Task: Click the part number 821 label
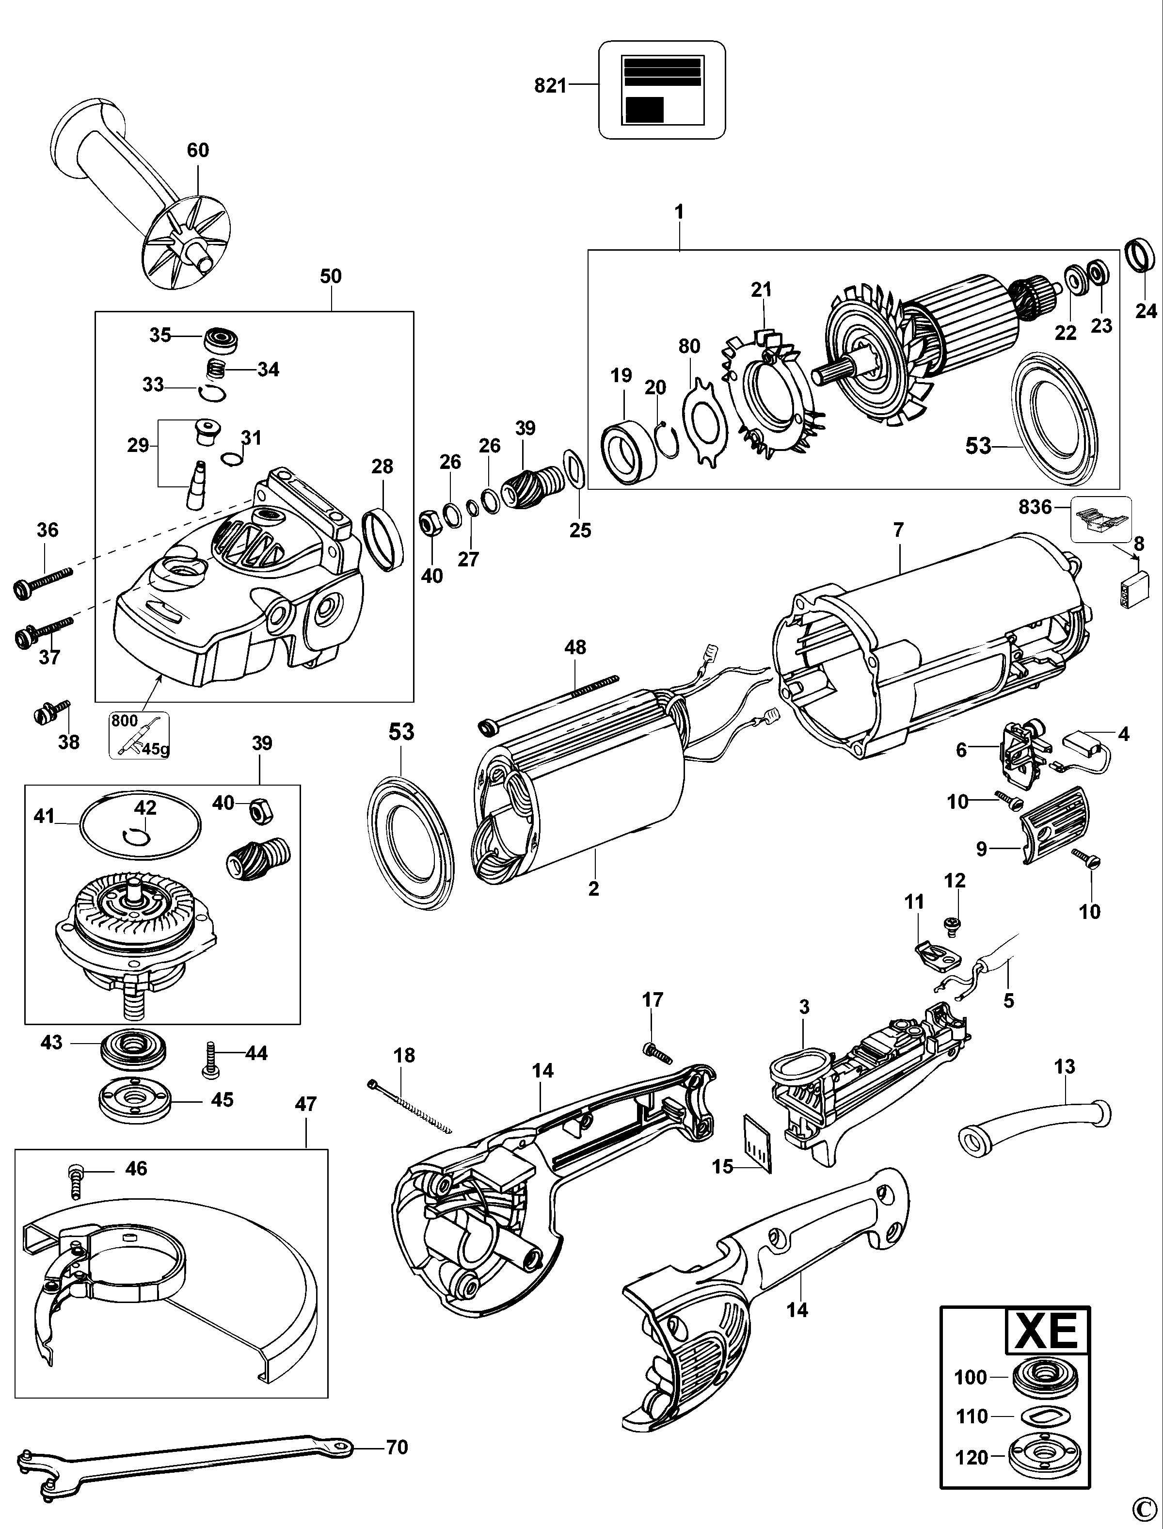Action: coord(550,86)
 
